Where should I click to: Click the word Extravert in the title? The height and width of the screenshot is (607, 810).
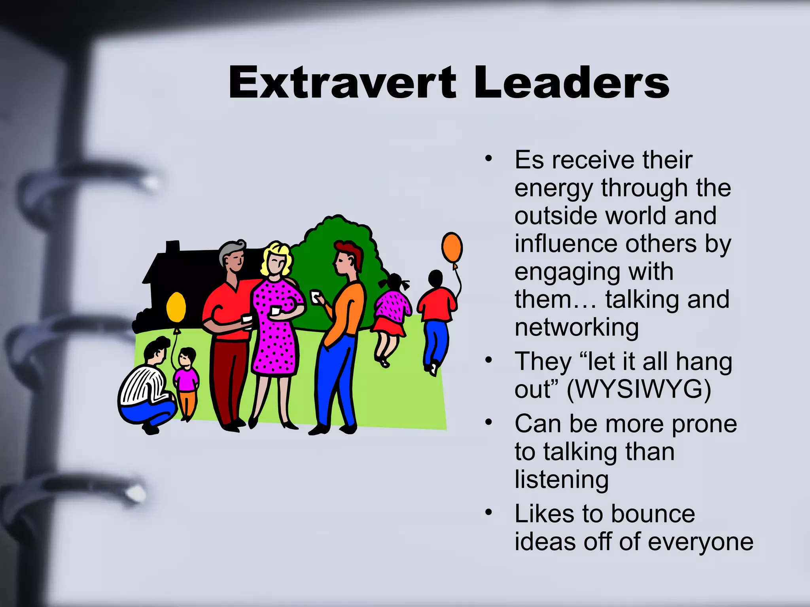pyautogui.click(x=343, y=83)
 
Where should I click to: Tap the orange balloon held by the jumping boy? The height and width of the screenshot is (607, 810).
pyautogui.click(x=452, y=247)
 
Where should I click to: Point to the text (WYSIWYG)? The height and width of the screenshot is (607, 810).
pyautogui.click(x=639, y=390)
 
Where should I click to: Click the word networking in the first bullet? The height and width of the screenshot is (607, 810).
pyautogui.click(x=577, y=328)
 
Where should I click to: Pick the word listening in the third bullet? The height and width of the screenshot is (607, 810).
pyautogui.click(x=562, y=480)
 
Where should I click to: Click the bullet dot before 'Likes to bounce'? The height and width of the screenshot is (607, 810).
pyautogui.click(x=489, y=513)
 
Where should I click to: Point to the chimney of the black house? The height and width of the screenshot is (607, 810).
pyautogui.click(x=172, y=247)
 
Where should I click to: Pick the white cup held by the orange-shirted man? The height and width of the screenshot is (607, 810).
pyautogui.click(x=315, y=297)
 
